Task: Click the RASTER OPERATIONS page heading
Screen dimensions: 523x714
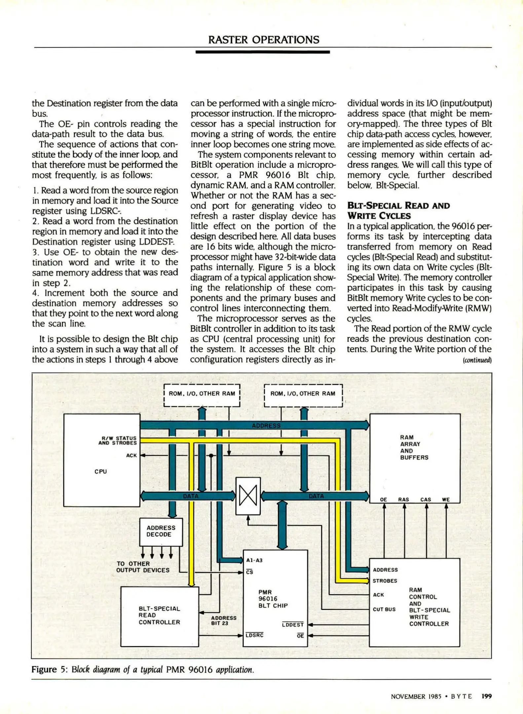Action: [264, 40]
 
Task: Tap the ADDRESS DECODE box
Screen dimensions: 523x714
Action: [161, 532]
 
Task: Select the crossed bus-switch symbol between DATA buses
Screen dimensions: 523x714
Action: [248, 496]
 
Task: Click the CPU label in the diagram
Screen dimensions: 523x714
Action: [101, 471]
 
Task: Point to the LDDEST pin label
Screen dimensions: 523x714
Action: [293, 624]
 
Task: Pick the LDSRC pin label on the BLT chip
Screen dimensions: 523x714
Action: [255, 635]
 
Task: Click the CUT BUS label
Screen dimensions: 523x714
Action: [384, 609]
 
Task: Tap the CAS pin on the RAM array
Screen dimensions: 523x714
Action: [426, 499]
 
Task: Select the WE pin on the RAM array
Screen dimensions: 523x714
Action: [446, 499]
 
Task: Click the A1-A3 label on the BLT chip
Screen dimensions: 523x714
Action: [254, 560]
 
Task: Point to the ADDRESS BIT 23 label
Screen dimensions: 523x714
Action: [224, 620]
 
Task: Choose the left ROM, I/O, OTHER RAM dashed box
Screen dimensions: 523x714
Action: [202, 395]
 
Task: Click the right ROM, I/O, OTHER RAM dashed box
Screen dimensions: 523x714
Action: [303, 395]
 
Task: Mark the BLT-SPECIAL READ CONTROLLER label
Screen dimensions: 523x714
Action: [159, 615]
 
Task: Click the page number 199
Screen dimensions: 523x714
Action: [487, 696]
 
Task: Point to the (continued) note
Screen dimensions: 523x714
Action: [478, 360]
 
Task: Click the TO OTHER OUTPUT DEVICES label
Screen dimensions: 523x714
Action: [143, 567]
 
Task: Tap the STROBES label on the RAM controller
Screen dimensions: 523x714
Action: [385, 581]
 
